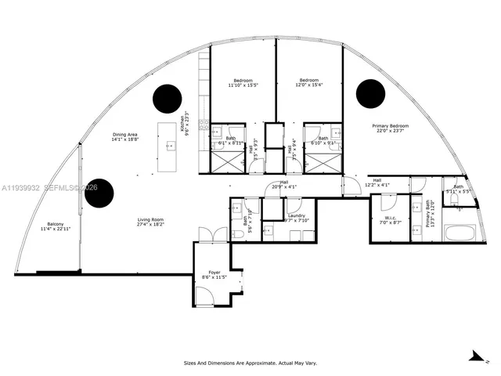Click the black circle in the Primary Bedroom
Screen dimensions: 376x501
[x=370, y=94]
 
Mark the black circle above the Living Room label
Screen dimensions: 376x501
[x=100, y=193]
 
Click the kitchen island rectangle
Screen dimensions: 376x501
[x=168, y=147]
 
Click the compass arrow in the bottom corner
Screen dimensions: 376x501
[x=474, y=356]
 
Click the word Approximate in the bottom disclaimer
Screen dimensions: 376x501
[x=254, y=363]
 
